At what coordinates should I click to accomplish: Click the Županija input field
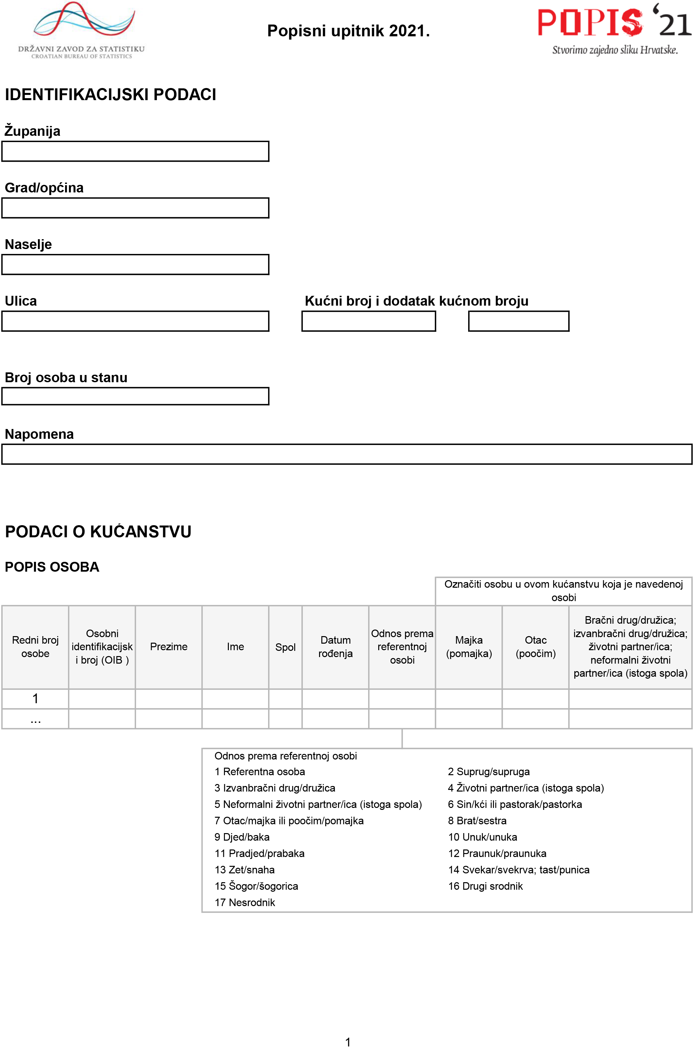click(135, 152)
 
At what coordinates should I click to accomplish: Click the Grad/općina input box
click(135, 208)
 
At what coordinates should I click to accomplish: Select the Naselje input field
click(135, 265)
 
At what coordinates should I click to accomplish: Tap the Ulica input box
click(135, 321)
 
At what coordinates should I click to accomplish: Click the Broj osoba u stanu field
click(135, 396)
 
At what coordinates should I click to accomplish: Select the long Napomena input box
click(347, 455)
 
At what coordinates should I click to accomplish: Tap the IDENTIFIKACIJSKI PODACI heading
click(110, 95)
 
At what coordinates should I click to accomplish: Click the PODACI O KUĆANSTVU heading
click(98, 532)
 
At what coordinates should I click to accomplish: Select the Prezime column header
click(169, 647)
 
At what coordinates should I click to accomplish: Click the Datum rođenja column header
click(335, 647)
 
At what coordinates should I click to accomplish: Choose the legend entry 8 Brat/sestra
click(477, 821)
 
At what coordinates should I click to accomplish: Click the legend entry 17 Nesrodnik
click(245, 902)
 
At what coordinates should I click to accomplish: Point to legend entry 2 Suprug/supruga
click(489, 772)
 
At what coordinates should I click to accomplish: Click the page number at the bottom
click(348, 1042)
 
